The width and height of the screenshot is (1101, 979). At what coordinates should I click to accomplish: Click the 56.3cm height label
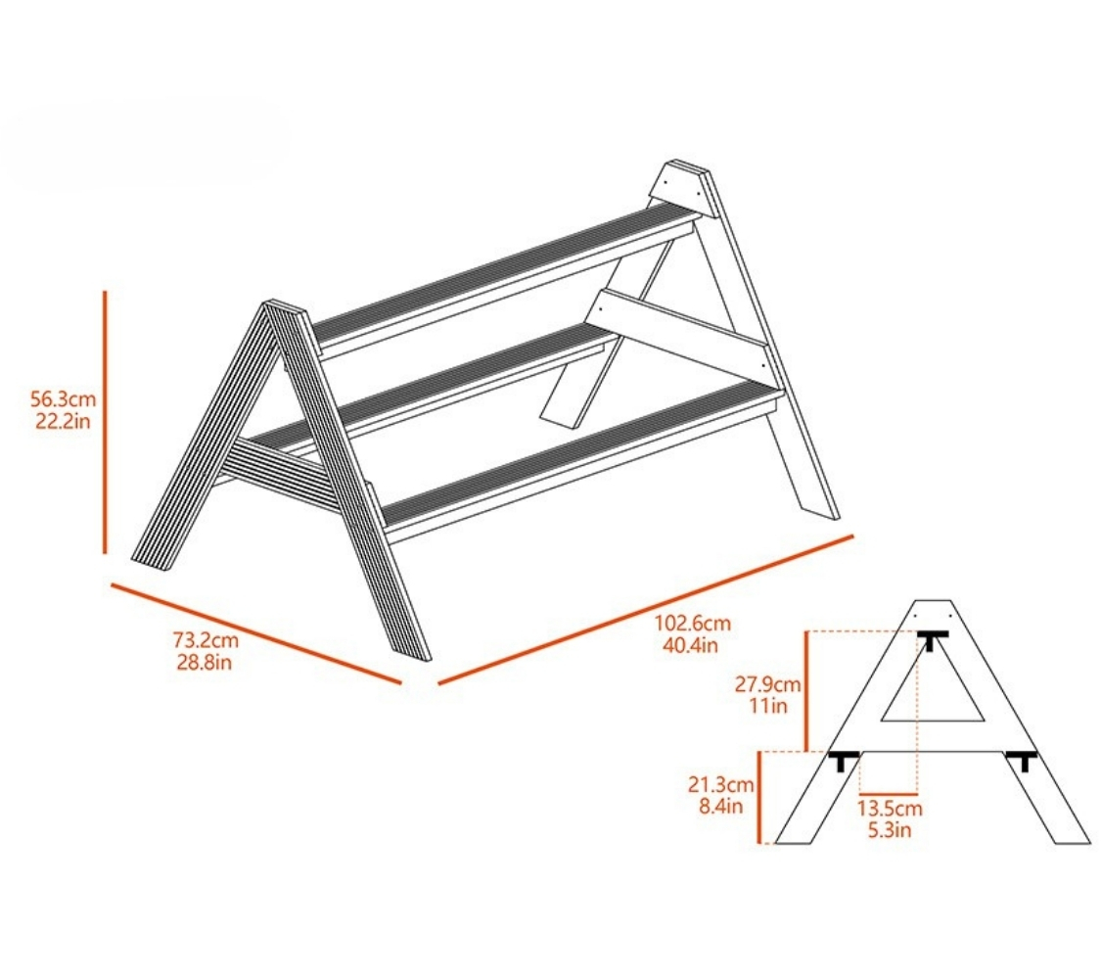click(x=64, y=399)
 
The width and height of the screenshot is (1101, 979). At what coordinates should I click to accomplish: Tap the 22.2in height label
click(x=64, y=421)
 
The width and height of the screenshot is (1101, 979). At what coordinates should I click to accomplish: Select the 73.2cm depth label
click(x=206, y=640)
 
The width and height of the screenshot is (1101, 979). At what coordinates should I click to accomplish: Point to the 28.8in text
click(x=205, y=662)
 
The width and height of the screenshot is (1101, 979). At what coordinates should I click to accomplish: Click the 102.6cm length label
click(x=693, y=623)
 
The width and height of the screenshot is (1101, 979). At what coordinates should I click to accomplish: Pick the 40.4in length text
click(x=691, y=645)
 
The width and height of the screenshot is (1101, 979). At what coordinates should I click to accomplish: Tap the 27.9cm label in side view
click(x=768, y=683)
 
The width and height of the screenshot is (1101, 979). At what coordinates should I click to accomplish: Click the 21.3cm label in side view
click(x=721, y=784)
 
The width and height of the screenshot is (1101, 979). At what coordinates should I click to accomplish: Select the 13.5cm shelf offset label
click(x=890, y=809)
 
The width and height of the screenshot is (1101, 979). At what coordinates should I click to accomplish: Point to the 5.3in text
click(x=890, y=830)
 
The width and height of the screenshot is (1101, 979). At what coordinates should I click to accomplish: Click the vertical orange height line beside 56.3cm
click(x=106, y=422)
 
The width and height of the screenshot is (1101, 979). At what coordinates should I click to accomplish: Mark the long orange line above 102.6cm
click(x=645, y=610)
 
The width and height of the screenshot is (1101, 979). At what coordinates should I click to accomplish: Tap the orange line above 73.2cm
click(x=256, y=632)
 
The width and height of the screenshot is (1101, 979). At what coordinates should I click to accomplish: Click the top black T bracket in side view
click(x=933, y=640)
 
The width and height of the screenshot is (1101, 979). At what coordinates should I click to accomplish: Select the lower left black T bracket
click(x=844, y=761)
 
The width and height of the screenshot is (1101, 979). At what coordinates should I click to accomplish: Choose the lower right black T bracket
click(x=1022, y=761)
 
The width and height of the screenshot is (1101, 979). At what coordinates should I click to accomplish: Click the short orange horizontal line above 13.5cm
click(x=889, y=794)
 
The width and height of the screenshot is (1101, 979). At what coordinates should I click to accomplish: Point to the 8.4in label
click(x=720, y=806)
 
